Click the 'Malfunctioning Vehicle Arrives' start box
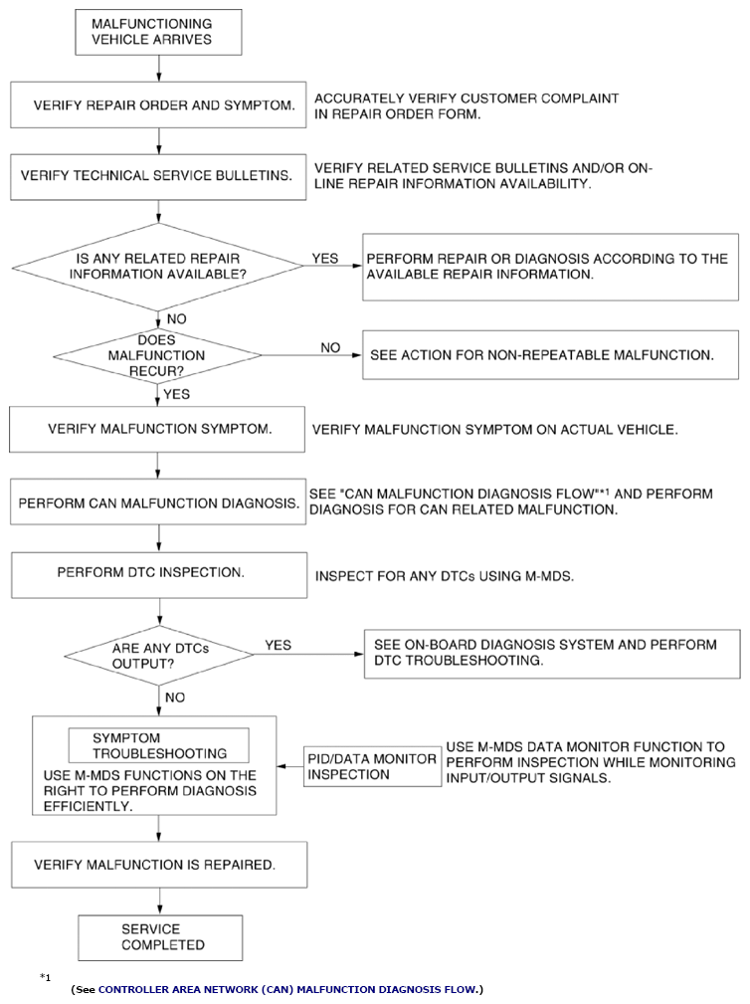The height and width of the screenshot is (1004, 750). (x=159, y=32)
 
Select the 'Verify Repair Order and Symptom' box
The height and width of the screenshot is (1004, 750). (x=158, y=105)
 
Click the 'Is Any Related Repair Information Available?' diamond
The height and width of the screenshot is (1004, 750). (x=158, y=267)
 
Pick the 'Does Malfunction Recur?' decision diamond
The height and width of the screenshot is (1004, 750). (x=157, y=355)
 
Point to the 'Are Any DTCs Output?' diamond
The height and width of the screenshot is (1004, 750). (x=159, y=656)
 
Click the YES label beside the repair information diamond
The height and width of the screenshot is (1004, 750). (x=325, y=258)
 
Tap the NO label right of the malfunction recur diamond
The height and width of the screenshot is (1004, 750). (x=330, y=347)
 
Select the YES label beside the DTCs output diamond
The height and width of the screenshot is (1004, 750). (x=279, y=645)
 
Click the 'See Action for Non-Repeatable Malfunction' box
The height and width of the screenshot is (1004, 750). (x=550, y=354)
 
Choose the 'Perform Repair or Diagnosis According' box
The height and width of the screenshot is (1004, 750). (x=550, y=267)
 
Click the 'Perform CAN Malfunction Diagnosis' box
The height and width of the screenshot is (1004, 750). (x=158, y=502)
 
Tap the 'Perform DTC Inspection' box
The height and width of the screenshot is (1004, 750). (x=159, y=576)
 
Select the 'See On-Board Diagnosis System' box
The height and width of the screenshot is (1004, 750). (x=552, y=655)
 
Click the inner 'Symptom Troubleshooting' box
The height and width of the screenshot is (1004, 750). (x=159, y=745)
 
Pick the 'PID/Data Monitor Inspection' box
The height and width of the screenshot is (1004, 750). (x=372, y=766)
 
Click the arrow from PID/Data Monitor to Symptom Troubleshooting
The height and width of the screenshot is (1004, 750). (x=290, y=766)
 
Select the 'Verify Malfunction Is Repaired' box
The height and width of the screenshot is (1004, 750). (x=159, y=865)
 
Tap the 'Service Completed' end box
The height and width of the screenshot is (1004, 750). (x=160, y=938)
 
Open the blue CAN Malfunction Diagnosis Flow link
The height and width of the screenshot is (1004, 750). (x=287, y=989)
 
